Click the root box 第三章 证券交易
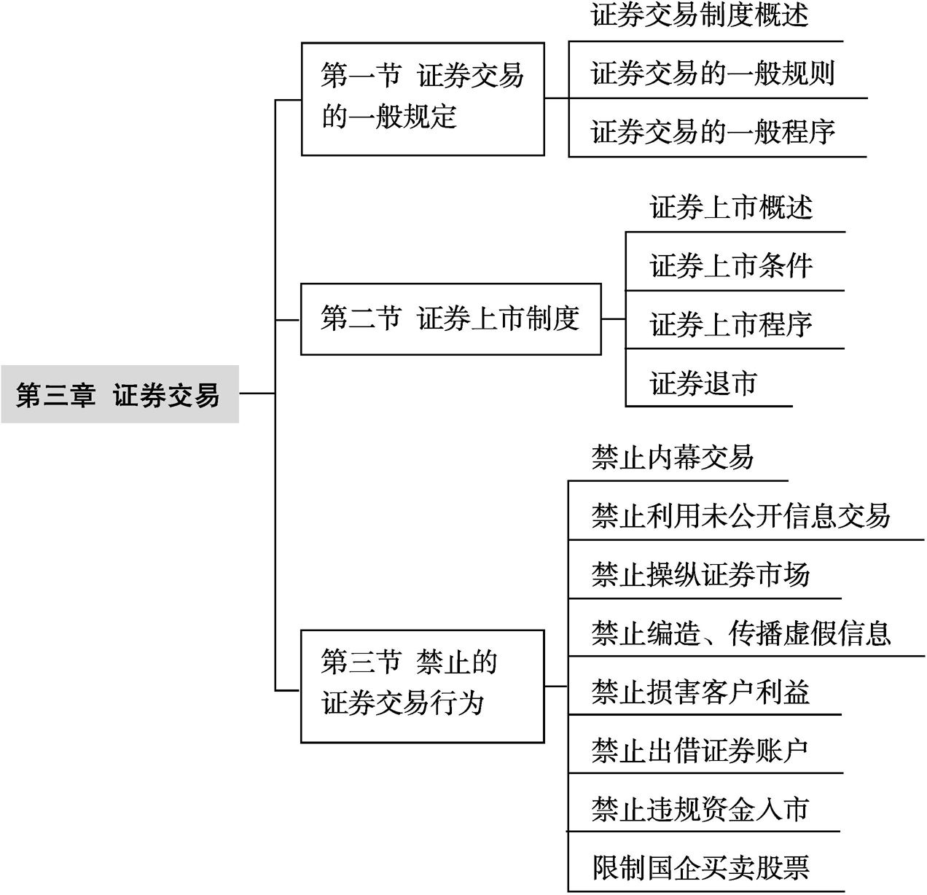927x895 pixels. (x=120, y=394)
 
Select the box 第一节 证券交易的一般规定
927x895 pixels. (x=423, y=99)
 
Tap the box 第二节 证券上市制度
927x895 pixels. (x=450, y=319)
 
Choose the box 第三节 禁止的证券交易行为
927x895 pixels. (x=423, y=687)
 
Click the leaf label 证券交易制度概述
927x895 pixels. (x=700, y=15)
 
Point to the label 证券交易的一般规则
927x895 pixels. (x=713, y=74)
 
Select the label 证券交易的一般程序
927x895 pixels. (x=713, y=132)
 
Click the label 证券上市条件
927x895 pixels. (x=731, y=266)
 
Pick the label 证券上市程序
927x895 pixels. (x=731, y=324)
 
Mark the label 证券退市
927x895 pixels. (x=703, y=383)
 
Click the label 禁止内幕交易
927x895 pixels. (x=672, y=457)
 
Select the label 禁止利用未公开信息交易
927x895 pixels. (x=740, y=516)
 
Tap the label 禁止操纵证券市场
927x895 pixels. (x=701, y=574)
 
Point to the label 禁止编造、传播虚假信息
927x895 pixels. (x=741, y=633)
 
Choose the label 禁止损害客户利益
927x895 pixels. (x=701, y=692)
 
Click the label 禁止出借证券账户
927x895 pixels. (x=700, y=750)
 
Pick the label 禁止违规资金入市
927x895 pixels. (x=700, y=809)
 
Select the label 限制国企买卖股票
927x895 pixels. (x=701, y=867)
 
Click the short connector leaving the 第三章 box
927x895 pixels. (x=257, y=394)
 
